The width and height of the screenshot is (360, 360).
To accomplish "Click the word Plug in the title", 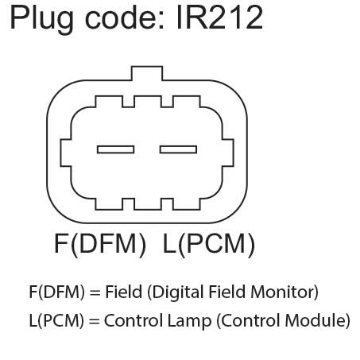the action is (x=42, y=19).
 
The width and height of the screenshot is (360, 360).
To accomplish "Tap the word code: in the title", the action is (x=125, y=17).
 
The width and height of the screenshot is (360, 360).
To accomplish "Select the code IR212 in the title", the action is (x=219, y=17).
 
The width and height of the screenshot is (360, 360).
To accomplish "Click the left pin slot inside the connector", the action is (x=115, y=149).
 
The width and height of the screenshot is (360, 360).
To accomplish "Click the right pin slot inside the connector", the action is (x=178, y=149).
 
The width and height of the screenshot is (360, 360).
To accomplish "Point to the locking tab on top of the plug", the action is (x=147, y=73).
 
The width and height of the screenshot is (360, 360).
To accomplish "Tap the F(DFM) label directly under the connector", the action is (x=100, y=244).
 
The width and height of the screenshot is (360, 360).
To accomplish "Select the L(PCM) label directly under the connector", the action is (x=209, y=244).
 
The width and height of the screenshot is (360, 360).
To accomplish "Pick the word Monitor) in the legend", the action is (x=285, y=292).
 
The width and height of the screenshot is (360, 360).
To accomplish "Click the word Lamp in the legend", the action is (x=189, y=321).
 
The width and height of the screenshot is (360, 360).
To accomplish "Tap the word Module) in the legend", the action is (x=317, y=320).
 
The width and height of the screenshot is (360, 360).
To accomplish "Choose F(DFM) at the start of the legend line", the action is (x=57, y=292).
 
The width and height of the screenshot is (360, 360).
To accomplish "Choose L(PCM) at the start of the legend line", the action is (x=56, y=320).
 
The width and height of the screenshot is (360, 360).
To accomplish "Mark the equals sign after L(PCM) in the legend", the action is (x=94, y=322).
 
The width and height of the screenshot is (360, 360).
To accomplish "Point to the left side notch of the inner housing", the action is (x=66, y=153).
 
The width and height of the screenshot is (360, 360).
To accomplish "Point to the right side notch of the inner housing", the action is (x=228, y=153).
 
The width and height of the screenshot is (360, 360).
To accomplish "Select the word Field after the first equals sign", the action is (x=124, y=292).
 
